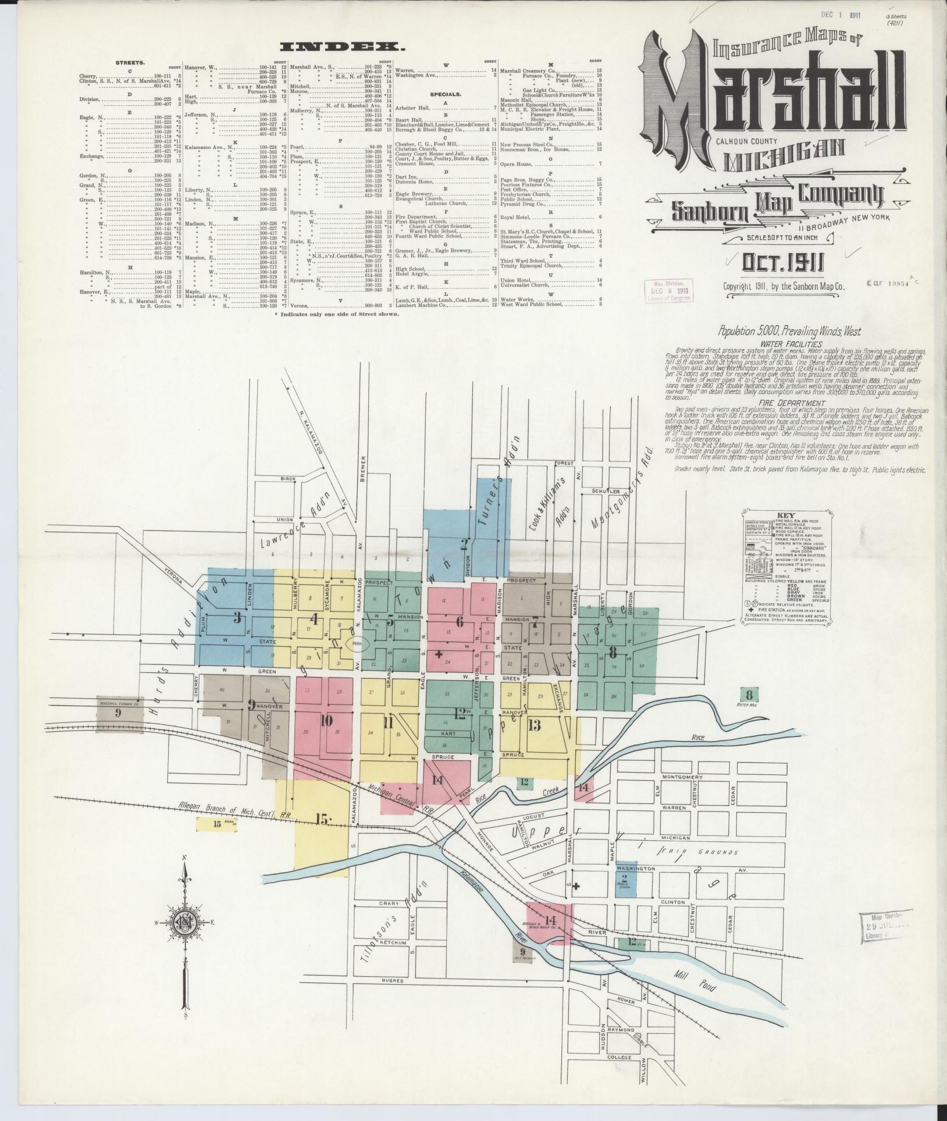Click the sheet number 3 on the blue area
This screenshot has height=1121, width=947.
tap(237, 617)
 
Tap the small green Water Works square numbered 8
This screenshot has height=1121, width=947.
tap(749, 694)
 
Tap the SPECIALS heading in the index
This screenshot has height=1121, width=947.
tap(446, 94)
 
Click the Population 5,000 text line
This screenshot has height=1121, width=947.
tap(789, 332)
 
